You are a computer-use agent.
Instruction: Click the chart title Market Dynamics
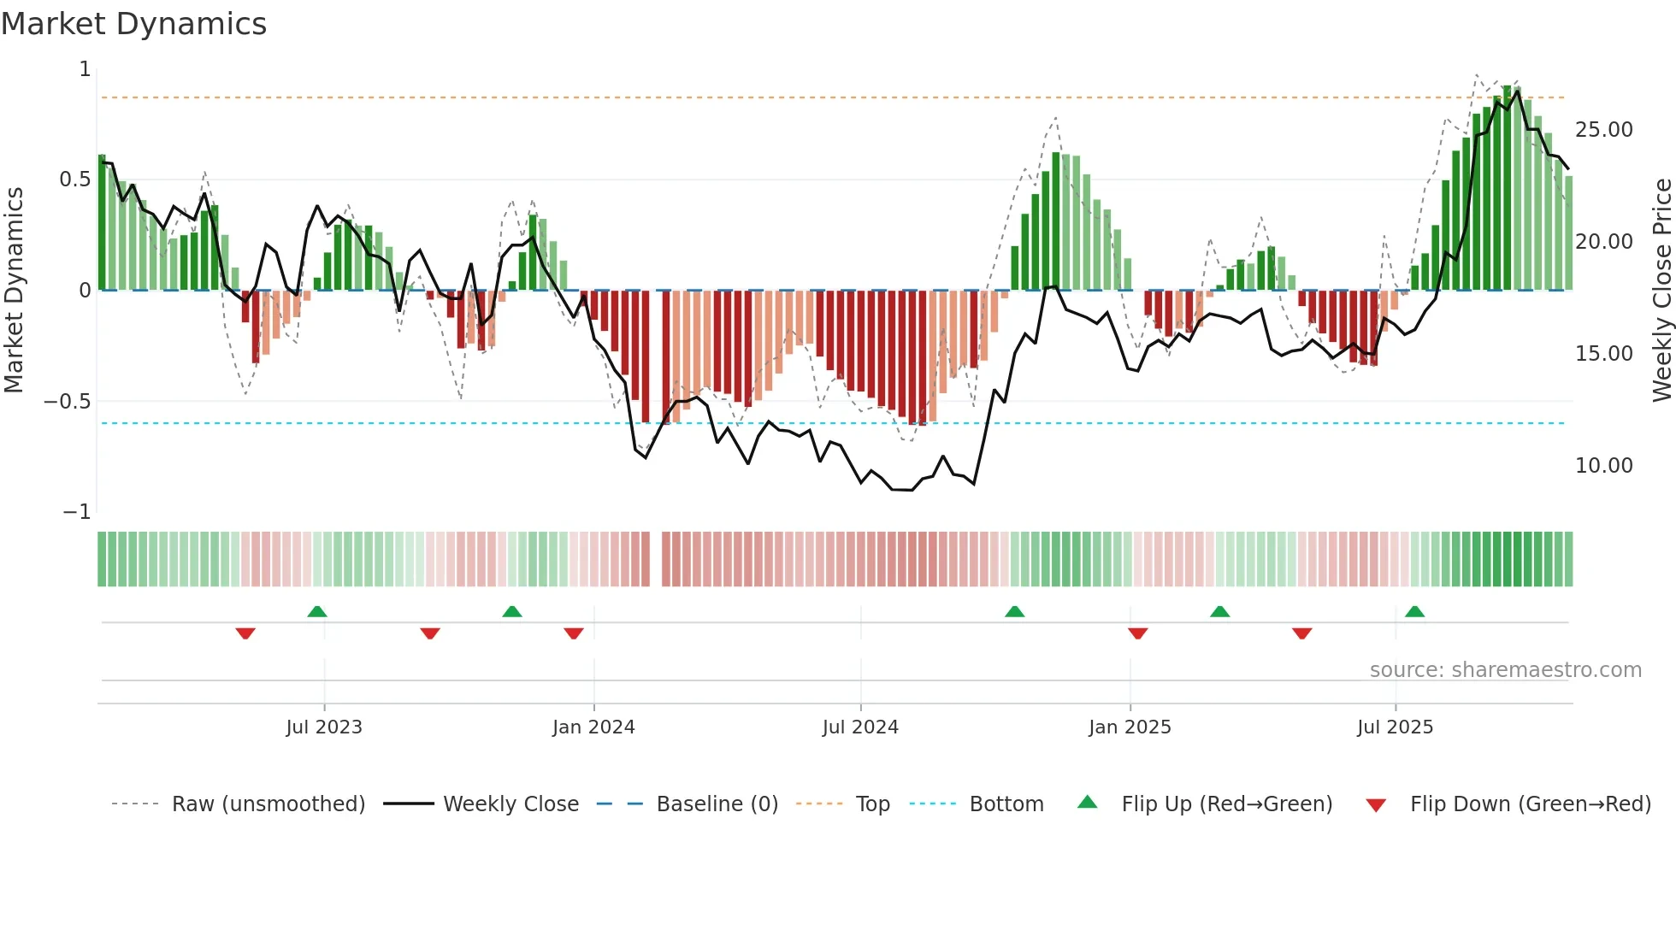134,24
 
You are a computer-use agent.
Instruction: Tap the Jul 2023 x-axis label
324,727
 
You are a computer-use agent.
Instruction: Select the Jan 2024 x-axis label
593,727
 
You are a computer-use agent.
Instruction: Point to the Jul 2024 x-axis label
860,727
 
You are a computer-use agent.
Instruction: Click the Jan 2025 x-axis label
1130,727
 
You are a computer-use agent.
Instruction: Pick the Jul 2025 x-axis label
1395,727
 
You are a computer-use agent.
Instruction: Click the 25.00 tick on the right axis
1603,130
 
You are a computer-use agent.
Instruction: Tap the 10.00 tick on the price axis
1603,466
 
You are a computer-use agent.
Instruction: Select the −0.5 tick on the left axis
68,402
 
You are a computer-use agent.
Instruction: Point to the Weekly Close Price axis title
1661,291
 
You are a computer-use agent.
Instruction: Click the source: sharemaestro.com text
1505,670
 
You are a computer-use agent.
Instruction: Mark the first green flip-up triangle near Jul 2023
317,612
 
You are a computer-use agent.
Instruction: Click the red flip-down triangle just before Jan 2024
574,633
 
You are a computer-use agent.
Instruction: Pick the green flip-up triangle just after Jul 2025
1414,612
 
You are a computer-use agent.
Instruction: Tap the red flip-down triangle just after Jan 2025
1137,633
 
